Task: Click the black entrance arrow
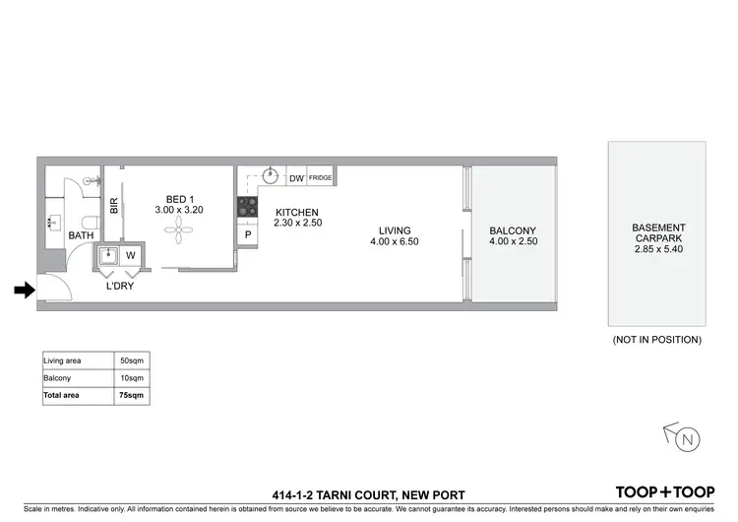tap(24, 290)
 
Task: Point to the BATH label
tap(81, 236)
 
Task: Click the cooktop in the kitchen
tap(245, 208)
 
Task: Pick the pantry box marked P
tap(248, 235)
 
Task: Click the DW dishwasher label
tap(296, 178)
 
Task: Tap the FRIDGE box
tap(321, 178)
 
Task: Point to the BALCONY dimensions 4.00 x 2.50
tap(513, 241)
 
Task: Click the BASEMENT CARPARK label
tap(656, 232)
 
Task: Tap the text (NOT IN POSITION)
tap(656, 340)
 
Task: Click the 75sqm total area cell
tap(130, 395)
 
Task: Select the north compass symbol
tap(685, 436)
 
